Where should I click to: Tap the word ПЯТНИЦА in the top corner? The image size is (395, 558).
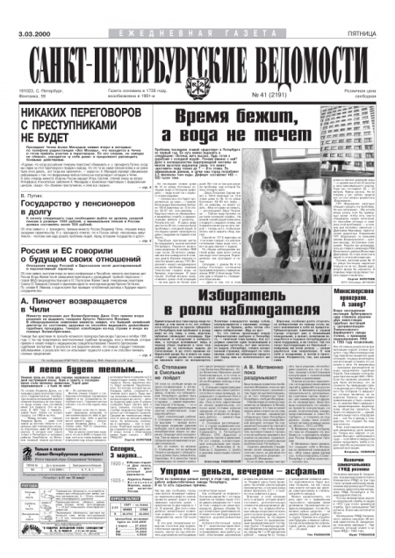coord(372,11)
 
